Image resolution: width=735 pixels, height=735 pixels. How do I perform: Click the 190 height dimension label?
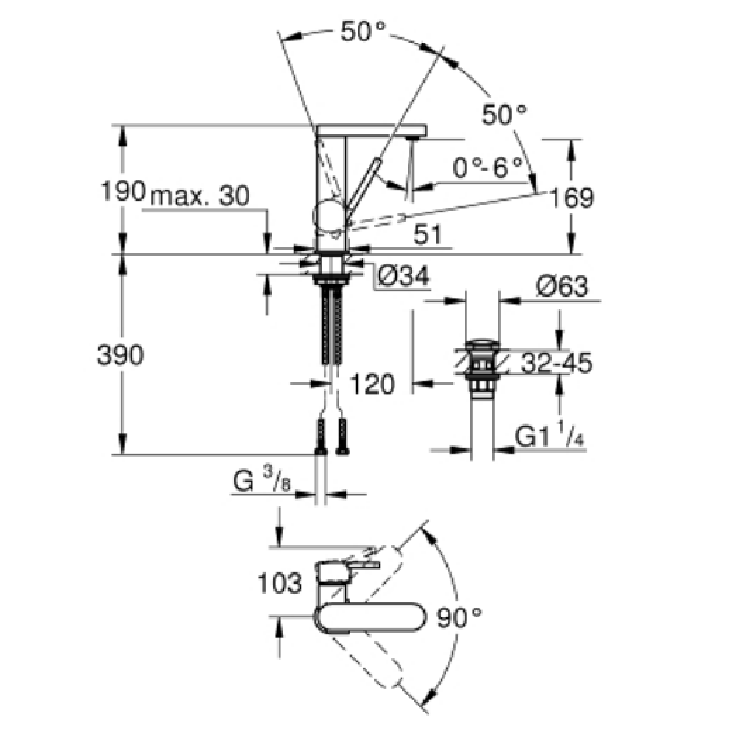pos(123,191)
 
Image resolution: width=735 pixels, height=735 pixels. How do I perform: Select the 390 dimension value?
pos(120,355)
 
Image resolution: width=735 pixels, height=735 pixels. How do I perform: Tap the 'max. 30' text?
pos(199,196)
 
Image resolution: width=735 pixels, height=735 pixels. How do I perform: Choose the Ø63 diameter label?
pos(562,286)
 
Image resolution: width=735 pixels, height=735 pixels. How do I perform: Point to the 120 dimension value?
pos(372,384)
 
